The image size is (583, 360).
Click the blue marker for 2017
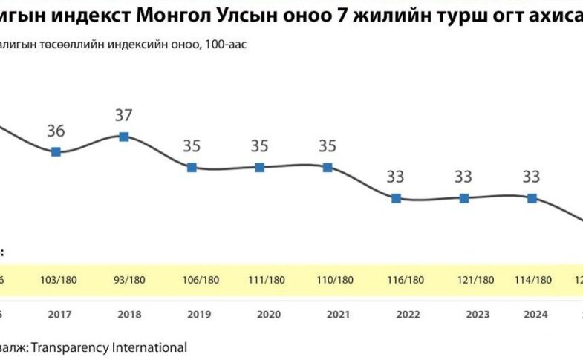[56, 151]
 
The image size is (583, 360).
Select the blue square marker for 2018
[124, 136]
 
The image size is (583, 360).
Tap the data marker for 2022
[396, 197]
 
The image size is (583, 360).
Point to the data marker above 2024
[532, 197]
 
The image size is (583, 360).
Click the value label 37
[124, 115]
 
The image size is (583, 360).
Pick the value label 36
[56, 131]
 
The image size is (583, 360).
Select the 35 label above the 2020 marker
[260, 146]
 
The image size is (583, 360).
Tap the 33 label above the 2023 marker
[464, 177]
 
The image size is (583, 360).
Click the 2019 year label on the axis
[199, 314]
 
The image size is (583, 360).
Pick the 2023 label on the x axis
[478, 314]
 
